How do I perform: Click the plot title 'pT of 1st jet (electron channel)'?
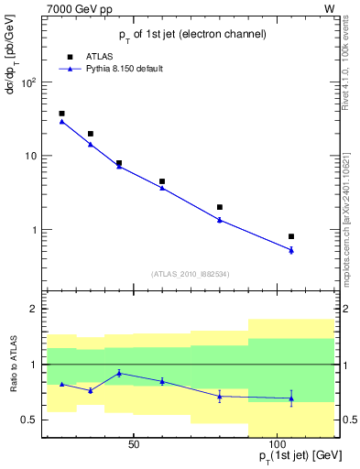click(x=192, y=34)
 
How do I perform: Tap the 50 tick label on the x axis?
click(x=134, y=444)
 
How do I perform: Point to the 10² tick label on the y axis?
click(x=28, y=82)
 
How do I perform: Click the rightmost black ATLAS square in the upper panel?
click(x=291, y=236)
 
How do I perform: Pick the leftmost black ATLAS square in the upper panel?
click(x=61, y=114)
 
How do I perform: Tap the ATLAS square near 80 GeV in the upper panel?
click(x=220, y=207)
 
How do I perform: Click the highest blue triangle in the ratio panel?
click(x=119, y=373)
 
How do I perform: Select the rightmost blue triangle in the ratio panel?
click(x=291, y=398)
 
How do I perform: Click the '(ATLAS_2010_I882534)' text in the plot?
click(x=191, y=273)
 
